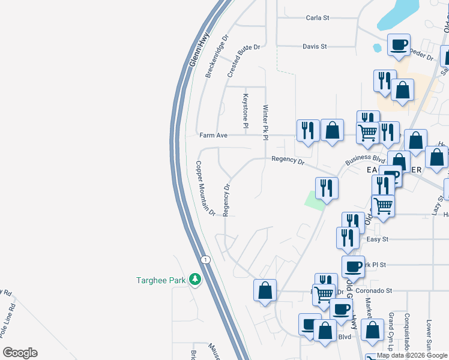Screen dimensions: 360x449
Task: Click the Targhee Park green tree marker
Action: pyautogui.click(x=194, y=279)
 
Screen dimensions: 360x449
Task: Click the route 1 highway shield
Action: pyautogui.click(x=205, y=259)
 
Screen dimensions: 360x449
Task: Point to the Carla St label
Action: pyautogui.click(x=318, y=18)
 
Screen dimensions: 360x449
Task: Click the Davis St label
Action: pyautogui.click(x=315, y=46)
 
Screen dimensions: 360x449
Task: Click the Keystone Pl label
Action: pyautogui.click(x=245, y=110)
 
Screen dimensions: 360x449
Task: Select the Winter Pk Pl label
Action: pyautogui.click(x=264, y=123)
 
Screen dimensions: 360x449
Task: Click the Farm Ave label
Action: pyautogui.click(x=214, y=136)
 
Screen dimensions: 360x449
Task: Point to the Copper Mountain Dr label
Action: pyautogui.click(x=205, y=188)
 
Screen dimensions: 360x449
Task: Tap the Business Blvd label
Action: pyautogui.click(x=364, y=160)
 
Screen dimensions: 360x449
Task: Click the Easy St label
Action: pyautogui.click(x=377, y=239)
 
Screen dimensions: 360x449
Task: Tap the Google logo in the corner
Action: pyautogui.click(x=20, y=353)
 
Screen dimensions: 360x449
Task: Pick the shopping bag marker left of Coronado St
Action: pyautogui.click(x=265, y=291)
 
